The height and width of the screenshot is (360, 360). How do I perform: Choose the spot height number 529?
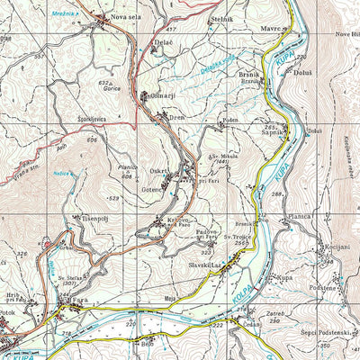coord(112,197)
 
